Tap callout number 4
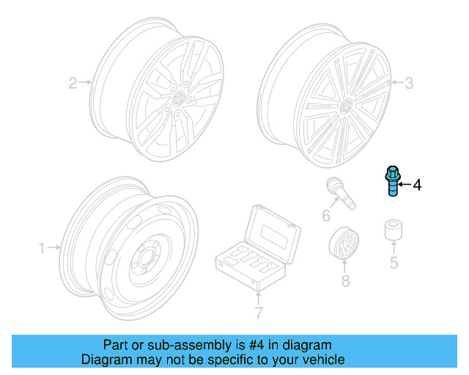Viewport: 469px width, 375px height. tap(417, 185)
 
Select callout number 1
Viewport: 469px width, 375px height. tap(43, 248)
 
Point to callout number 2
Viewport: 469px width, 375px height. tap(73, 83)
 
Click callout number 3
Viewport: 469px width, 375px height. tap(408, 83)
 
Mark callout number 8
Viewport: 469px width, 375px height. tap(345, 280)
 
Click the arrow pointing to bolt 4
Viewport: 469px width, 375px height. tap(405, 185)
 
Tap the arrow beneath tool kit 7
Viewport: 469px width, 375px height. tap(258, 296)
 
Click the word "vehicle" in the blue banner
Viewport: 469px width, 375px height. tap(320, 360)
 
